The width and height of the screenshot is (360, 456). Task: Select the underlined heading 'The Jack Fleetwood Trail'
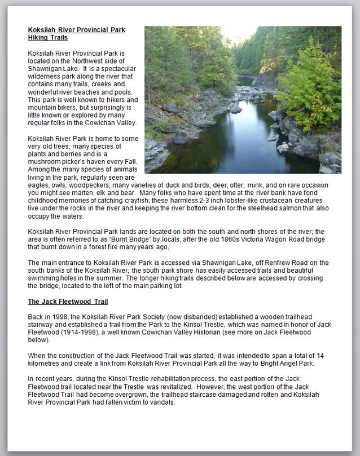tap(68, 302)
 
